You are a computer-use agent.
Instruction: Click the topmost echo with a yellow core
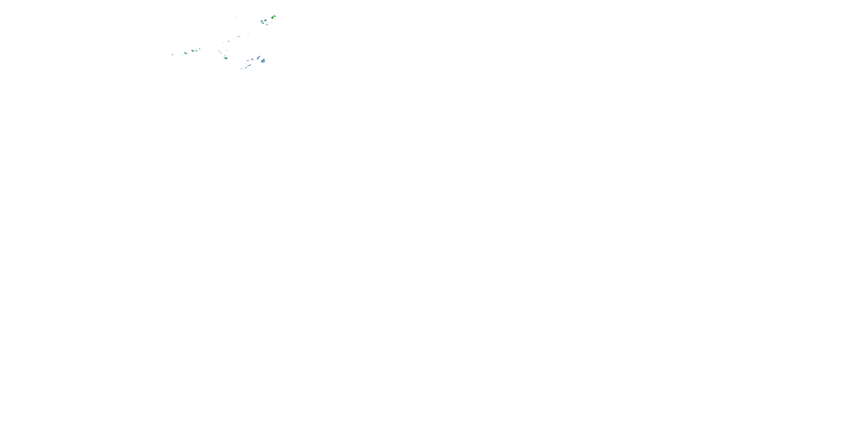click(273, 18)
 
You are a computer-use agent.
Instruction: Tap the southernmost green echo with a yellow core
click(226, 58)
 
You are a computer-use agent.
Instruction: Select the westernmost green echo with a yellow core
click(193, 51)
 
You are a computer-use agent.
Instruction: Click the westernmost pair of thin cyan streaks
click(172, 54)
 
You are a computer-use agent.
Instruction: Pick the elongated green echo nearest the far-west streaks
click(186, 53)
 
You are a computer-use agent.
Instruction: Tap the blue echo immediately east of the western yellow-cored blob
click(196, 50)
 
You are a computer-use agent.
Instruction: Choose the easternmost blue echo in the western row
click(200, 49)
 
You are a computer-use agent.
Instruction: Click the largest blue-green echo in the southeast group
click(263, 61)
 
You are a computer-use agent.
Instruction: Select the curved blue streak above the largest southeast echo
click(259, 58)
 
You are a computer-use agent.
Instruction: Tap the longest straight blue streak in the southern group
click(249, 65)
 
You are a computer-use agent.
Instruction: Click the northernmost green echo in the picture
click(275, 16)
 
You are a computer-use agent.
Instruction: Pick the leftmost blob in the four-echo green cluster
click(262, 22)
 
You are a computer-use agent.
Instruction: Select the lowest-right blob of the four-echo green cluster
click(267, 25)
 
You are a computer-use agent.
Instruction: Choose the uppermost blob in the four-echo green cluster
click(265, 20)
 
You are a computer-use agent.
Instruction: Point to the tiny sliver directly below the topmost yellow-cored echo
click(272, 22)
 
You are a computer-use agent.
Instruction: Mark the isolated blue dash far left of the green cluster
click(237, 18)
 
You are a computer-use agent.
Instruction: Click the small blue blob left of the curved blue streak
click(252, 60)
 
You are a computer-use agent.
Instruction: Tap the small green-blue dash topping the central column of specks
click(227, 50)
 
